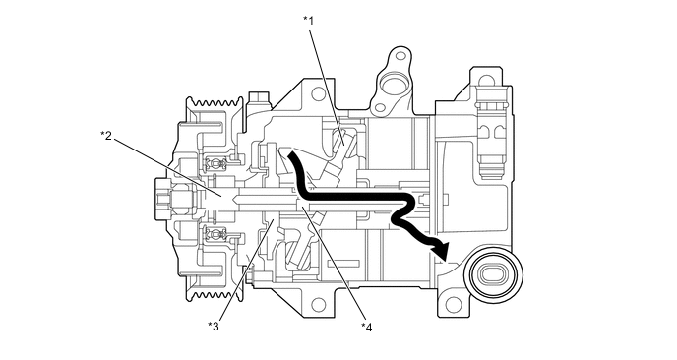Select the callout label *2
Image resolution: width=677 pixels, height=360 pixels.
[x=107, y=135]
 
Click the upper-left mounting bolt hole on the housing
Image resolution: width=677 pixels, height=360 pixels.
[x=318, y=95]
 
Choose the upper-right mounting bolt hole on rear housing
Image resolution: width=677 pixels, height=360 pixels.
[x=485, y=84]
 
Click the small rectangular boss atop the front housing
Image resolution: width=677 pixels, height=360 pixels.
[x=261, y=98]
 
